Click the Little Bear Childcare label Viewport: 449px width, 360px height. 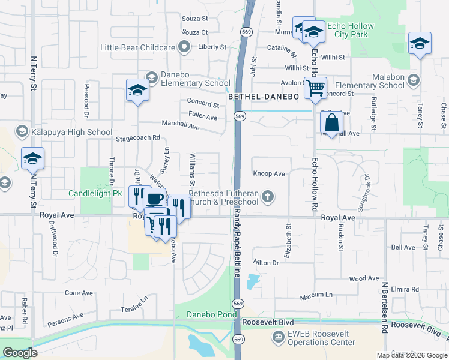click(137, 47)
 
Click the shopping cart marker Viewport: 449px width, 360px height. click(315, 89)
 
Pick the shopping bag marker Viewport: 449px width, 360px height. click(332, 123)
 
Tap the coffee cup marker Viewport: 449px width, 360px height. click(155, 199)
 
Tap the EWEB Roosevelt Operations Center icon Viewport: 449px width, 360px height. click(278, 337)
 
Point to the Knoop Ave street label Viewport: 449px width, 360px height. click(269, 173)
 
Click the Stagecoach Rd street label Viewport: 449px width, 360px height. click(139, 137)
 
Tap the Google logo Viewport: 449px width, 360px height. click(20, 352)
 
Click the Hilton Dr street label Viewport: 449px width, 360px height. click(267, 263)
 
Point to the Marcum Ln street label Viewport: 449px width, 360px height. click(317, 295)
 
